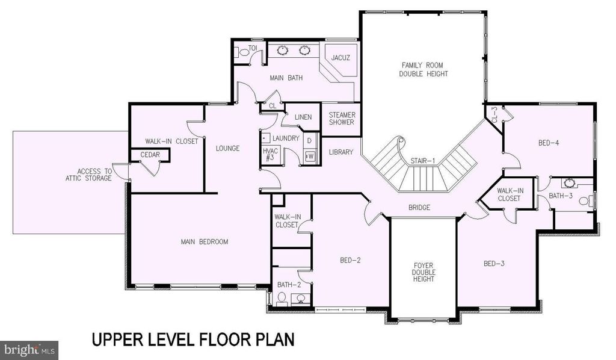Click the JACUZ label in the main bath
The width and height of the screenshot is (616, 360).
click(x=340, y=57)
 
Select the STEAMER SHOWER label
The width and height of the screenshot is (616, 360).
click(x=342, y=119)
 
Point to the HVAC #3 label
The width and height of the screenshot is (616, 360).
click(x=270, y=155)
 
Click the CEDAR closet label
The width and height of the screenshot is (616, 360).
click(x=150, y=155)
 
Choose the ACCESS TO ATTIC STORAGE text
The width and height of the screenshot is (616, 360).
click(x=89, y=175)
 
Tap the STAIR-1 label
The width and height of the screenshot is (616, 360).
click(x=423, y=160)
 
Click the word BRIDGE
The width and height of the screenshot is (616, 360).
click(x=419, y=208)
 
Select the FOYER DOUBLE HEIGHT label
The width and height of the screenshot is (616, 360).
click(x=423, y=272)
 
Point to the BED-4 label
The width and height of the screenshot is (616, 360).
click(x=549, y=143)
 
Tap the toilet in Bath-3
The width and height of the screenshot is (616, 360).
click(x=587, y=201)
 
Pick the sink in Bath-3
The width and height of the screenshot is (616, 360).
click(x=568, y=183)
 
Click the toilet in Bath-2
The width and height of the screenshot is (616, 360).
click(x=282, y=299)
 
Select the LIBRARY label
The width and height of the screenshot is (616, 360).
click(x=341, y=152)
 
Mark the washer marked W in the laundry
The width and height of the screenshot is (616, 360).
click(x=310, y=156)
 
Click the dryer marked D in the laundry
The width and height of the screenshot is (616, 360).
click(x=310, y=140)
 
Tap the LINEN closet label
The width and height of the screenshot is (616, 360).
click(x=303, y=117)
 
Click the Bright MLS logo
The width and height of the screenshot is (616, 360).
click(x=29, y=350)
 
